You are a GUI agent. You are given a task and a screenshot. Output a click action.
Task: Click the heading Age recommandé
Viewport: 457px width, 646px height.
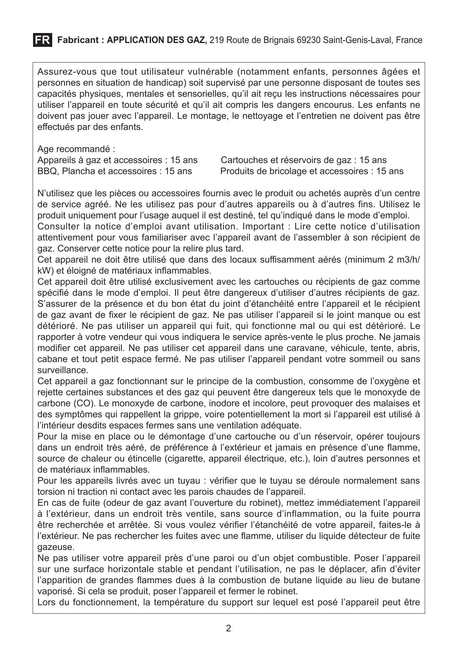point(76,149)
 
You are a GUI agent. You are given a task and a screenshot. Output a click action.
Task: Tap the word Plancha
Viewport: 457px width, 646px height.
point(78,171)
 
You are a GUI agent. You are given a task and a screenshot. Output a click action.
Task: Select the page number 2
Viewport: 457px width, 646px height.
point(228,628)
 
